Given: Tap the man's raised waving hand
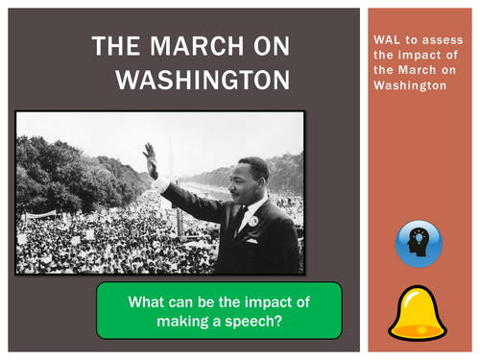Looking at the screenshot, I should [x=151, y=159].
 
